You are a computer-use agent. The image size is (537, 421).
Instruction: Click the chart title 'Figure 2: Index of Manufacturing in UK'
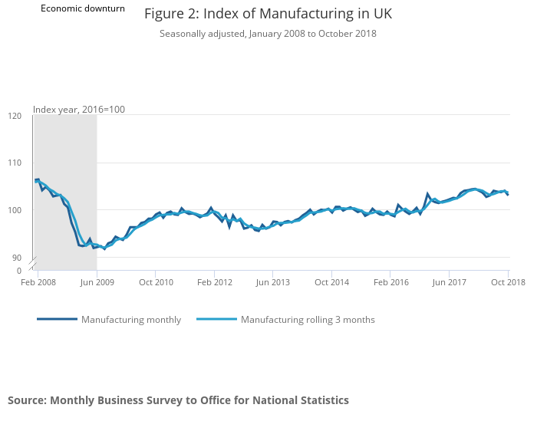[x=268, y=15]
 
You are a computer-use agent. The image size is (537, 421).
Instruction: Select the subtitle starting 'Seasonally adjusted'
[x=268, y=34]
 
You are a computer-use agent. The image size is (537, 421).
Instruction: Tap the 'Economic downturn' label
[x=83, y=8]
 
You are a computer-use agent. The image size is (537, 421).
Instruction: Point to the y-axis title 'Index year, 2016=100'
[x=79, y=110]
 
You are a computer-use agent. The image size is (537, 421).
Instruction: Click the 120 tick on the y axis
[x=15, y=116]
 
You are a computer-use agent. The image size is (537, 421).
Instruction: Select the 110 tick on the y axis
[x=15, y=163]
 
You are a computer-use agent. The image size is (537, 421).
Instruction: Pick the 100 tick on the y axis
[x=15, y=210]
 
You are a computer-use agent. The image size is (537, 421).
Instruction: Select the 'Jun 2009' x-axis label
[x=97, y=283]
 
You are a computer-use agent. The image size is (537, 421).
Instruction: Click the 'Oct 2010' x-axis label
[x=155, y=283]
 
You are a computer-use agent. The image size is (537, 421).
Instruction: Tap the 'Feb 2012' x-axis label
[x=214, y=283]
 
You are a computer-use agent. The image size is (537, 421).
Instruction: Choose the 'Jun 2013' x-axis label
[x=273, y=283]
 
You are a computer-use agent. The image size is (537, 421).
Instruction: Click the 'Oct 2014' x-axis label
[x=331, y=283]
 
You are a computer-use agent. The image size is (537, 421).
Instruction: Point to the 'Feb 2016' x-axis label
[x=390, y=283]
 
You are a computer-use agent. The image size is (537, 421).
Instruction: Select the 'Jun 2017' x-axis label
[x=450, y=283]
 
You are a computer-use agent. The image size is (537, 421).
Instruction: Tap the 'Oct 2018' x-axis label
[x=507, y=283]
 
